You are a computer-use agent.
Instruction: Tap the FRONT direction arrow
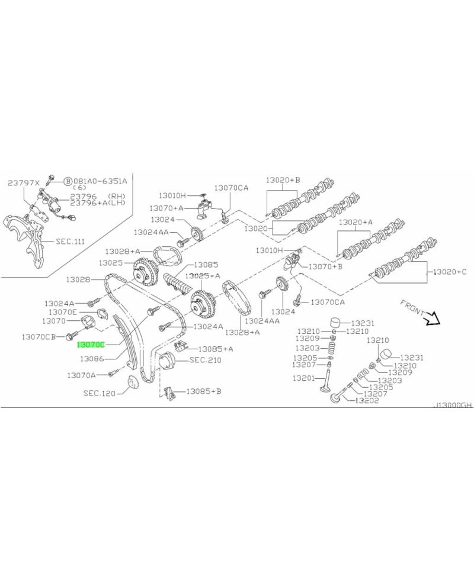click(x=433, y=320)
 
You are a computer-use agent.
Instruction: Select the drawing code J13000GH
click(x=453, y=406)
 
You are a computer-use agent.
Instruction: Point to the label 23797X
click(x=23, y=184)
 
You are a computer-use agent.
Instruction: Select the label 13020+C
click(x=449, y=272)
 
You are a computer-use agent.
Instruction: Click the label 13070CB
click(x=39, y=336)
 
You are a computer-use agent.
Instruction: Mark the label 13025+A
click(x=203, y=276)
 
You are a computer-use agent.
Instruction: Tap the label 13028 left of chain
click(x=78, y=279)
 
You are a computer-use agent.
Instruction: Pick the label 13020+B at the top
click(x=283, y=179)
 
